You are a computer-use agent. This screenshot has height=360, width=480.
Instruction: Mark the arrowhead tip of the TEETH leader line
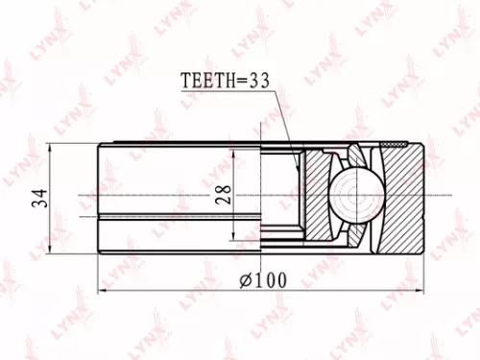(299, 170)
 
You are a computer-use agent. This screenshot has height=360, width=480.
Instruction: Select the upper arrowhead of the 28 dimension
(234, 156)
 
